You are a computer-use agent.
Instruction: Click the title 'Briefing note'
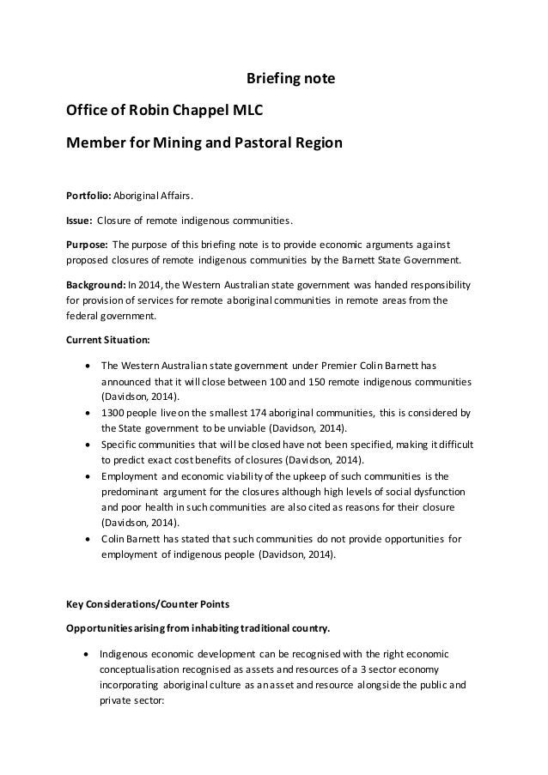[284, 81]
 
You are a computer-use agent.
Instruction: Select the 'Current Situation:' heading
[106, 338]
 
